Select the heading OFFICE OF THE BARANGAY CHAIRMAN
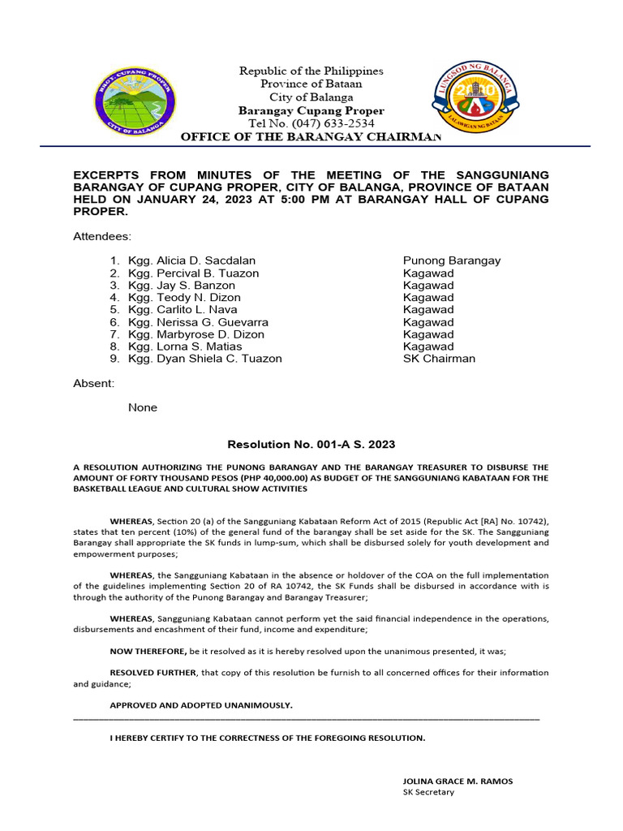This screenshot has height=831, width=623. tap(311, 137)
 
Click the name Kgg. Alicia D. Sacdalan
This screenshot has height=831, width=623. tap(191, 260)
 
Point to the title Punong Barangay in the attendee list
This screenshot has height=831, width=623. tap(452, 260)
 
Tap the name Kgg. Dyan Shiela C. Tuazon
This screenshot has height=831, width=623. tap(205, 359)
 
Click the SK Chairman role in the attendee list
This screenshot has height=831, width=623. tap(439, 359)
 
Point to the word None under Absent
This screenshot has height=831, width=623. tap(143, 407)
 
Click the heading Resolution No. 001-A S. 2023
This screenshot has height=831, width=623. tap(311, 445)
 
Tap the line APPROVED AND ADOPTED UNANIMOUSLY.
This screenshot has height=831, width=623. tap(201, 705)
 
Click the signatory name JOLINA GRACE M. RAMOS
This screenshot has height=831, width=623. tap(458, 781)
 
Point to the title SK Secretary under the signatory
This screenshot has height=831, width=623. tap(429, 792)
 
